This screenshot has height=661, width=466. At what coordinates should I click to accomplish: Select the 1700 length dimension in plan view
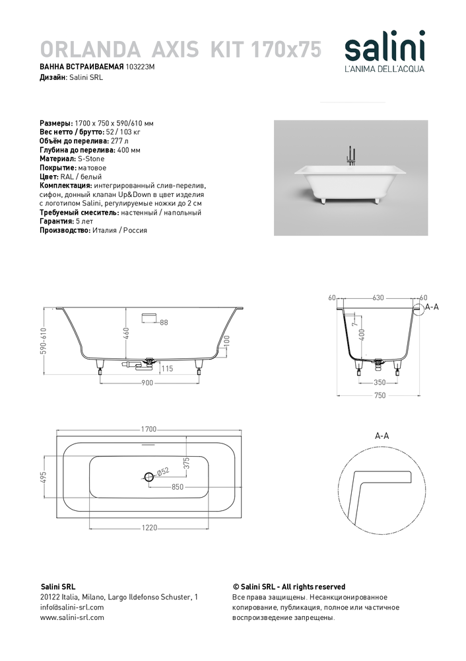tap(149, 429)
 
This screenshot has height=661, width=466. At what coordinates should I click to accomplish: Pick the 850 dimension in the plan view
tap(177, 487)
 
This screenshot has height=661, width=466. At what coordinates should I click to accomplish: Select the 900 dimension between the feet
tap(147, 382)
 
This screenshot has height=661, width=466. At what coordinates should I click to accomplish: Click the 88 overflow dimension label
tap(164, 322)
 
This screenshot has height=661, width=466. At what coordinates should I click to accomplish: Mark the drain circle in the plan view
tap(149, 476)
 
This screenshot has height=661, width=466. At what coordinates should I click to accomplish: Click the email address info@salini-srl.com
tap(72, 607)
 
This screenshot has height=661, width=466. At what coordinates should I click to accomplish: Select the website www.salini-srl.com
tap(72, 617)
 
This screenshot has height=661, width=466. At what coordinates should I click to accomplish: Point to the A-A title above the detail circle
tap(382, 436)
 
